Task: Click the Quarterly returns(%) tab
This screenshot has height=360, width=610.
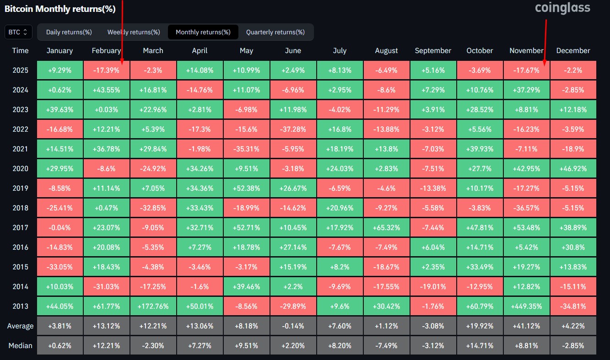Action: point(275,32)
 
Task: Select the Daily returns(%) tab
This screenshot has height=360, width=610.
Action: point(69,32)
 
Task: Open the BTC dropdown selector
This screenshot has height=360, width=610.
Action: point(18,32)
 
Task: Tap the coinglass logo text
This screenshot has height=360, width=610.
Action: point(562,8)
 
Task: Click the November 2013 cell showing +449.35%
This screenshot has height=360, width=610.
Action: point(526,306)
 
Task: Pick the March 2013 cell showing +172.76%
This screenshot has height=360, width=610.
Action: point(153,306)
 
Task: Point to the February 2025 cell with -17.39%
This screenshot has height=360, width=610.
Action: point(106,70)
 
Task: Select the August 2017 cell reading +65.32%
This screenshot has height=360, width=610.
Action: point(386,227)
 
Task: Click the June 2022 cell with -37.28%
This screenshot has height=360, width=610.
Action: point(293,129)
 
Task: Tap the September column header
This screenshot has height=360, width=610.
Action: point(433,51)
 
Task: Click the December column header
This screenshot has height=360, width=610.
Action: point(573,51)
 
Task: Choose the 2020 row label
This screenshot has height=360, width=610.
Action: point(20,168)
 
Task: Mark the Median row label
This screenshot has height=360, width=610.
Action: point(20,345)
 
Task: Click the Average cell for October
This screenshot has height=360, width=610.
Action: point(480,326)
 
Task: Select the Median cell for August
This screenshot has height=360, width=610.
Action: point(386,345)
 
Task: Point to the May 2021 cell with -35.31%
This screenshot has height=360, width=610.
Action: point(246,149)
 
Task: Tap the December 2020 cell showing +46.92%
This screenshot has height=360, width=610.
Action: point(573,168)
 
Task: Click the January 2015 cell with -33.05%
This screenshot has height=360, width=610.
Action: point(59,267)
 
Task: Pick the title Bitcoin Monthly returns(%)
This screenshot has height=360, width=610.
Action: point(60,8)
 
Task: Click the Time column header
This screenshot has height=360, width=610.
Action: point(20,51)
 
